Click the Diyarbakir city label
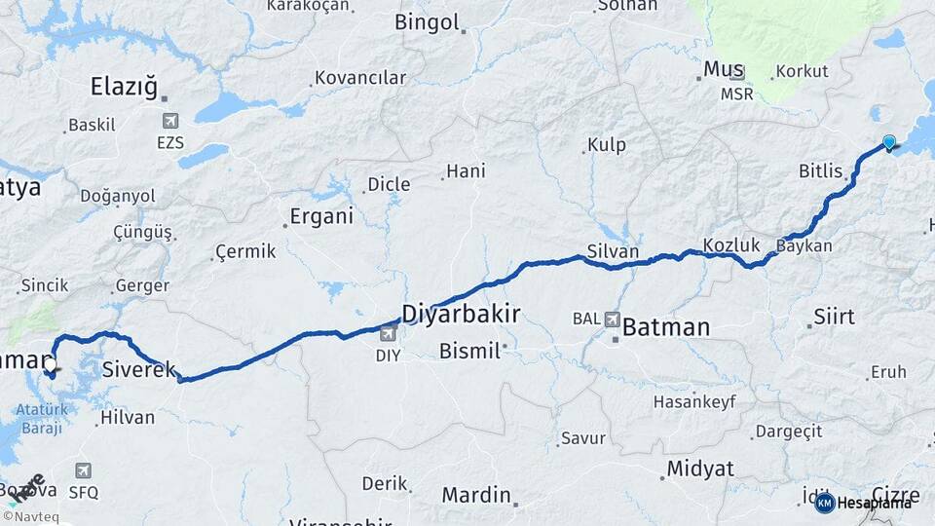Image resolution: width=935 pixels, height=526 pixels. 461,314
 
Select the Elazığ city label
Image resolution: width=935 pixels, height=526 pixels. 124,87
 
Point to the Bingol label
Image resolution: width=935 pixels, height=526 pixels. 427,21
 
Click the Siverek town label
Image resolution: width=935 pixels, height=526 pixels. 139,369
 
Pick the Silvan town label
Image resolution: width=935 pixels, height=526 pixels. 613,251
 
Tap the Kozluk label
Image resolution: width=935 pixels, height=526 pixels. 729,245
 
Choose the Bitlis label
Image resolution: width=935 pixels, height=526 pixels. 820,171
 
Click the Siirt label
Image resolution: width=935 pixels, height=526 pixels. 833,318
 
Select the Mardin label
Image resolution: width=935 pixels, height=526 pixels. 476,495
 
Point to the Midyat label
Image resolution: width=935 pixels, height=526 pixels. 699,470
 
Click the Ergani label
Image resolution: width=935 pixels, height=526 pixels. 322,217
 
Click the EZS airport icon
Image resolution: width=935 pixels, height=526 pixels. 170,121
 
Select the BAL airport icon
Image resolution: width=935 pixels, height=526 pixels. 613,319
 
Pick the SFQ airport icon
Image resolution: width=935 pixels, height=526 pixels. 83,471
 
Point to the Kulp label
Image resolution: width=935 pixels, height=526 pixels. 606,146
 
